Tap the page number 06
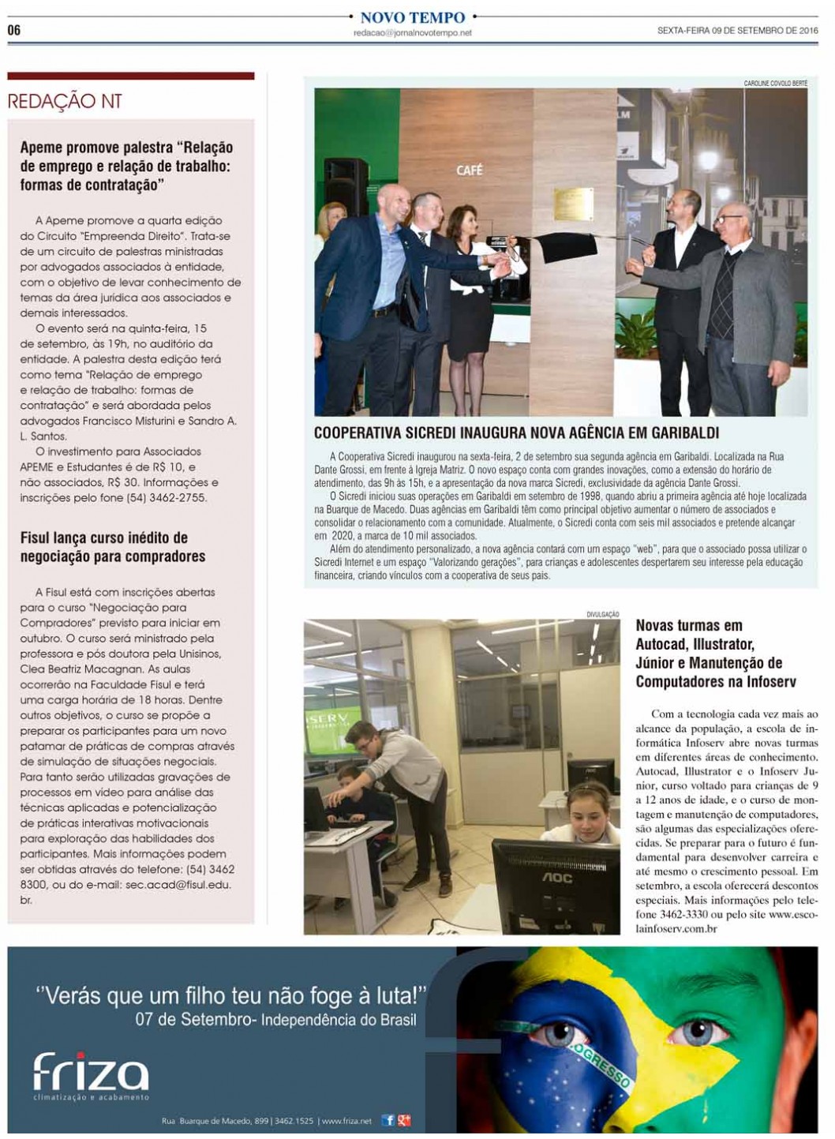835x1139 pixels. [14, 31]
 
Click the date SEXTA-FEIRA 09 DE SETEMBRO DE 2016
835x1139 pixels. [737, 31]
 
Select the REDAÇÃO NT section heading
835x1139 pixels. [65, 101]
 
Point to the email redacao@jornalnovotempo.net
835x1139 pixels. [412, 32]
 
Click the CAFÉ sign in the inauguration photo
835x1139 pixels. [469, 170]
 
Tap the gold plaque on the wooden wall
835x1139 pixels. [574, 204]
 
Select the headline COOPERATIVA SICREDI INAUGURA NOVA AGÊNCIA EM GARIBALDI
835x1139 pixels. [505, 433]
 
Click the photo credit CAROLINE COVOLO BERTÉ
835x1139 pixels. [775, 83]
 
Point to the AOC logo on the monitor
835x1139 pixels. [556, 877]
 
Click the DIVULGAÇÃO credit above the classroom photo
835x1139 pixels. [603, 614]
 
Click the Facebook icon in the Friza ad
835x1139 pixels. [388, 1120]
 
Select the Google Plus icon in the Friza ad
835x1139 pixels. [403, 1120]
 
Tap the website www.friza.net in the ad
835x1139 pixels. [346, 1121]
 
